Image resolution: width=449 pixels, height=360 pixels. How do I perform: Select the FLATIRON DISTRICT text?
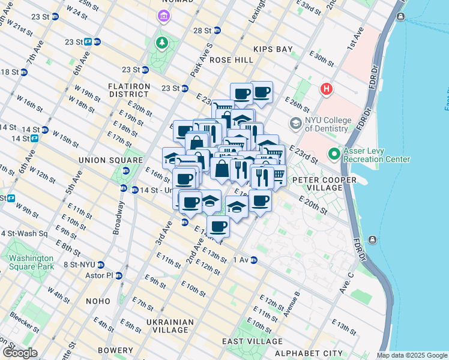click(x=128, y=90)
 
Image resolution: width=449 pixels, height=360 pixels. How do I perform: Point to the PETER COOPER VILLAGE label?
click(x=317, y=184)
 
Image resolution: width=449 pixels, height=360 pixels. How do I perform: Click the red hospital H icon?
click(x=326, y=89)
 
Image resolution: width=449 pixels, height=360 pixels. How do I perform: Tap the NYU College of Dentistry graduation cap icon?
click(x=295, y=124)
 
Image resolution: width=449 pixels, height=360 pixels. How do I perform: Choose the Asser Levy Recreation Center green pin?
click(x=334, y=154)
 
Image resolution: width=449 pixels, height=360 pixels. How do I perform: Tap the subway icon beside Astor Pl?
click(x=119, y=275)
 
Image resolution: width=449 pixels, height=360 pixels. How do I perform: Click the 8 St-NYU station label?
click(x=81, y=264)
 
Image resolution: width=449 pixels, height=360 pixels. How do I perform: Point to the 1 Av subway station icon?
click(x=254, y=260)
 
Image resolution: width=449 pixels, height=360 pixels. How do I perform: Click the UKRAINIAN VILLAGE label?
click(x=170, y=326)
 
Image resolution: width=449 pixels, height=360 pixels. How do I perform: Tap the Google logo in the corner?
click(x=19, y=353)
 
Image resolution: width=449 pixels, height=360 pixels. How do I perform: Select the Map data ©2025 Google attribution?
click(x=412, y=355)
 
